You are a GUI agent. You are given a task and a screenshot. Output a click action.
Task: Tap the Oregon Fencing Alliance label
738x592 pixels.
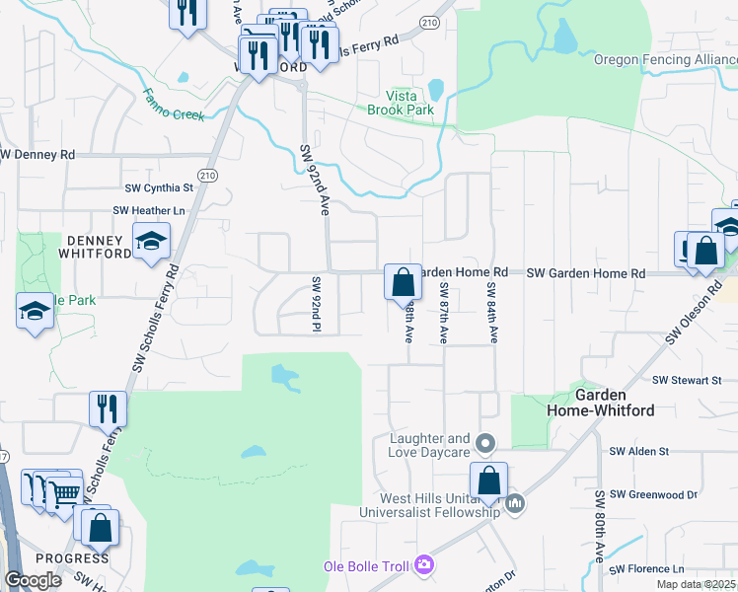tap(665, 59)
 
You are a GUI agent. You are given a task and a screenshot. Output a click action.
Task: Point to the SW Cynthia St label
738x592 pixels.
tap(159, 187)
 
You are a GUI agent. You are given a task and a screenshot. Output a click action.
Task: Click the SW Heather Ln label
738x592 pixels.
tap(149, 210)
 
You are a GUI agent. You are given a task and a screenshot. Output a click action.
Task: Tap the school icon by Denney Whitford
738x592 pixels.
tap(151, 241)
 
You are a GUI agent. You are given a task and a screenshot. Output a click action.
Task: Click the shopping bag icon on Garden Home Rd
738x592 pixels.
tap(403, 282)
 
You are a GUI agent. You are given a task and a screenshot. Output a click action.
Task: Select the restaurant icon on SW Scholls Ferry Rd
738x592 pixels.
tap(108, 407)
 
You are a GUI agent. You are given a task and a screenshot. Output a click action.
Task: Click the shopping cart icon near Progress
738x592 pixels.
tap(64, 493)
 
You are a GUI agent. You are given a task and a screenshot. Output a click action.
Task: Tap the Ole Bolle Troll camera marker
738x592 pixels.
tap(423, 564)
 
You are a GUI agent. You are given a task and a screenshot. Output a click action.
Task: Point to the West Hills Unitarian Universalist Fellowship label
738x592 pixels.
tap(429, 505)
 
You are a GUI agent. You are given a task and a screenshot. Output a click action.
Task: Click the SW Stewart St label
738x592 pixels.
tap(688, 380)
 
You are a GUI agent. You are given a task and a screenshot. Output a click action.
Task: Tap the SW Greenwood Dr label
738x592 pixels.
tap(653, 493)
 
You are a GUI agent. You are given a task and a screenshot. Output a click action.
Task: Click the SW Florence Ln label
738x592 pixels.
tap(646, 569)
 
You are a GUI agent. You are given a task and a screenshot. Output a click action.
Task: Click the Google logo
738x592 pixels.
tap(33, 580)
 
